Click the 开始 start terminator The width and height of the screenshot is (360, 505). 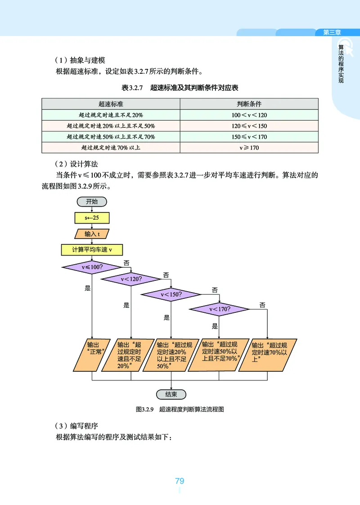92,201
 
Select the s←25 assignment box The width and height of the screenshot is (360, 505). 92,217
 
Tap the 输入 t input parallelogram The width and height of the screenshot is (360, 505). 92,234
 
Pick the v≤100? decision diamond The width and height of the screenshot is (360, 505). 92,267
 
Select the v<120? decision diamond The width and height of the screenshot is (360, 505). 131,279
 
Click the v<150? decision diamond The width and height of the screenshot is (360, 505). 171,295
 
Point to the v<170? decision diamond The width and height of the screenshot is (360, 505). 220,309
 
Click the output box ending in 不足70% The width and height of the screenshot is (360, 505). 220,354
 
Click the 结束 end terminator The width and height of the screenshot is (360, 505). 171,394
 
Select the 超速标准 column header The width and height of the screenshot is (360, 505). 111,104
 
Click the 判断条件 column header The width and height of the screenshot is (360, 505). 249,104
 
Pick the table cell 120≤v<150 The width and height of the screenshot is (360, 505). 249,126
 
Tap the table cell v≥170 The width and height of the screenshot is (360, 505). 249,148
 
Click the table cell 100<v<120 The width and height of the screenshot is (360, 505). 249,115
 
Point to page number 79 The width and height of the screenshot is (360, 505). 180,481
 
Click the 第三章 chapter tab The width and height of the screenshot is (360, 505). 332,32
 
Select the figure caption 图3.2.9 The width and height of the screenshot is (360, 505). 180,410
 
